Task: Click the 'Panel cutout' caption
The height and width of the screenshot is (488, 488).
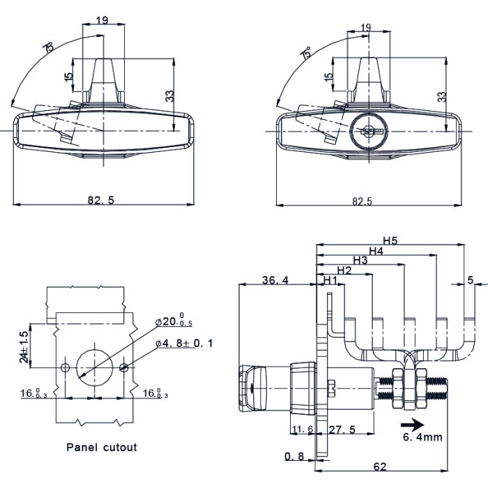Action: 102,448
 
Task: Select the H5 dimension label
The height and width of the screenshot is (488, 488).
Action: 390,241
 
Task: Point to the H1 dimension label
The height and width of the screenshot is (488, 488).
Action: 330,280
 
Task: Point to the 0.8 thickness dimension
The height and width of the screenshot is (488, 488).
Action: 293,457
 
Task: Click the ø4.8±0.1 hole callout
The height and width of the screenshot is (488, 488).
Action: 185,343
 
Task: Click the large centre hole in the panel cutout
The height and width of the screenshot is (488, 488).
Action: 93,365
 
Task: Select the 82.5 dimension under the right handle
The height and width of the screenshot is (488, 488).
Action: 362,201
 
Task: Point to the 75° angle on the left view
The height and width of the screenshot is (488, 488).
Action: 49,49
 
